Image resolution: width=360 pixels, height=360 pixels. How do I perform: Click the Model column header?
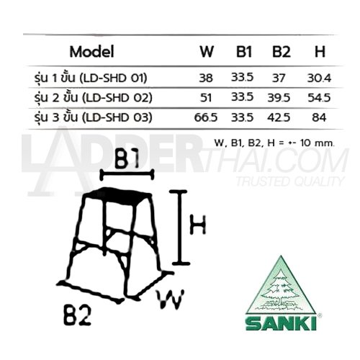click(91, 52)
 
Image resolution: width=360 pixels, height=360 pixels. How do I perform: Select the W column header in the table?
click(207, 51)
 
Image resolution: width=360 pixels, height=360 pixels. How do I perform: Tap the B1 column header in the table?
click(244, 51)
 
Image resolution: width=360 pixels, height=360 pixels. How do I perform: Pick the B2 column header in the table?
click(282, 51)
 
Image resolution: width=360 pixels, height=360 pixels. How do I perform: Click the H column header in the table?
click(320, 51)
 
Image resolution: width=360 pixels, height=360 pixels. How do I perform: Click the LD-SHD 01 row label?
click(91, 78)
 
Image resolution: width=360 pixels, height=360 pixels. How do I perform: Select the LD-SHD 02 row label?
click(93, 98)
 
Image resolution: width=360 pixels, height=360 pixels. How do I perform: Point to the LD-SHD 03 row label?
click(93, 117)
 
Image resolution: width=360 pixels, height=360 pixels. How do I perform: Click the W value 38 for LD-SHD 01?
click(206, 78)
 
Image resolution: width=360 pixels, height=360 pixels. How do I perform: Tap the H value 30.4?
click(319, 78)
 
